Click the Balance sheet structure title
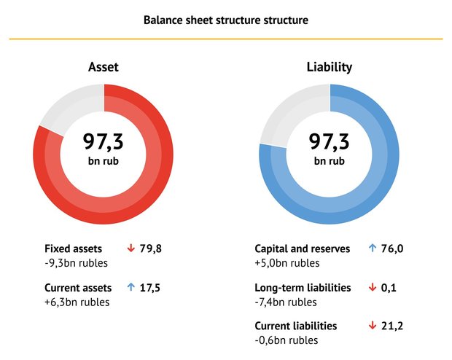tap(226, 20)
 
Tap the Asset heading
tap(104, 67)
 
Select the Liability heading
tap(330, 67)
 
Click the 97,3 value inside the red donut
tap(104, 141)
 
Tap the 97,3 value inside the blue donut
tap(330, 141)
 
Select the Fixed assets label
tap(73, 249)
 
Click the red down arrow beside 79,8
tap(131, 249)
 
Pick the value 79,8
tap(151, 249)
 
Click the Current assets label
tap(78, 288)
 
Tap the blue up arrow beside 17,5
tap(131, 287)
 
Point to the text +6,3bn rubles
tap(77, 302)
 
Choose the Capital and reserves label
tap(303, 249)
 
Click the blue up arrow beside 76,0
tap(373, 249)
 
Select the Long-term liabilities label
tap(303, 288)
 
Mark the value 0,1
tap(389, 288)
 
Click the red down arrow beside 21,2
tap(373, 326)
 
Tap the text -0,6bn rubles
tap(287, 340)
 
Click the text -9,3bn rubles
tap(76, 263)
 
